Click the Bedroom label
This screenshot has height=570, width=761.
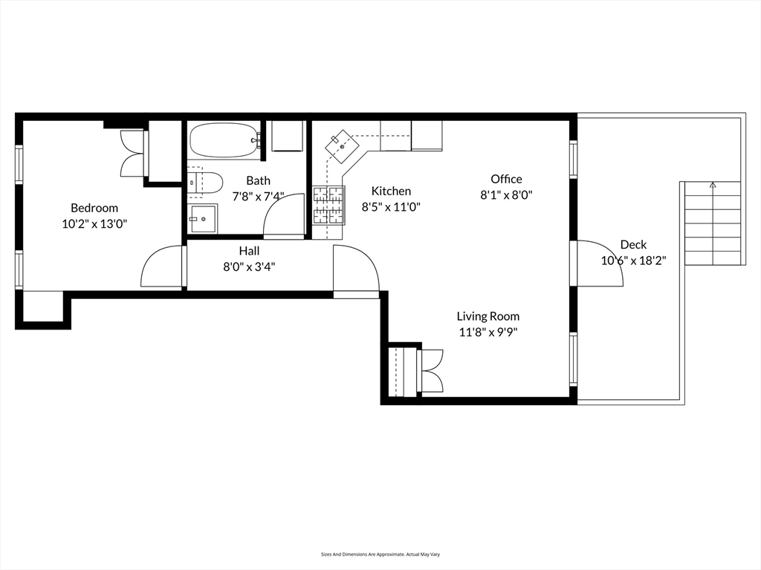point(94,208)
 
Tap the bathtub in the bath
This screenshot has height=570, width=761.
point(224,140)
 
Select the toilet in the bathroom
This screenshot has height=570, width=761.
point(205,183)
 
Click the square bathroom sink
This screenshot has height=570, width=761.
point(203,219)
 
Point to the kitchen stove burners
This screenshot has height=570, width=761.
point(328,205)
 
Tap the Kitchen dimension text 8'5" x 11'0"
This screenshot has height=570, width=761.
point(391,207)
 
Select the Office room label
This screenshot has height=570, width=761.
point(506,179)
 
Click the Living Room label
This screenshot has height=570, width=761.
point(488,316)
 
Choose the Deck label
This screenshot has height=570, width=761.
point(633,245)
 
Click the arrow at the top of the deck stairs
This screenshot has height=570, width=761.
point(713,185)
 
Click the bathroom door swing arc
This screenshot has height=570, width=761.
point(284,216)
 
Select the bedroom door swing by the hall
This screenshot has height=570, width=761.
point(161,266)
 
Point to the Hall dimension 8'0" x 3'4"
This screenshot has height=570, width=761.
point(249,266)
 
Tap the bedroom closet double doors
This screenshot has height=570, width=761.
point(132,153)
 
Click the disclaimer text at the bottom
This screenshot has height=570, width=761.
point(380,554)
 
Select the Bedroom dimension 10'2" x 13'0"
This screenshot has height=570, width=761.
point(94,224)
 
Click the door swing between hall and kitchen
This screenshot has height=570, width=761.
point(356,268)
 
